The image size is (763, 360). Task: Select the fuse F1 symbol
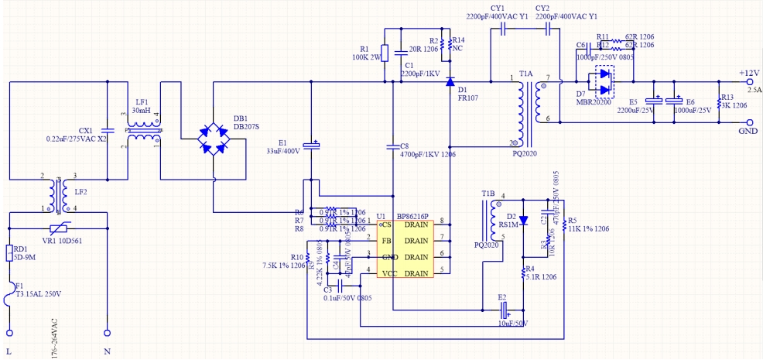(10, 310)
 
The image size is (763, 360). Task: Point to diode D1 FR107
(450, 81)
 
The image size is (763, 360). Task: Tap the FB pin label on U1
(387, 240)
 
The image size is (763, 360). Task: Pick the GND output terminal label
(748, 132)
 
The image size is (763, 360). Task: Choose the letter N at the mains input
(107, 352)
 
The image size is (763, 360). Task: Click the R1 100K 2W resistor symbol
(386, 53)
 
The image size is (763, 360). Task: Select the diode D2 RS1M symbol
(523, 220)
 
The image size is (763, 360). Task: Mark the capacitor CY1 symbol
(503, 29)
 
